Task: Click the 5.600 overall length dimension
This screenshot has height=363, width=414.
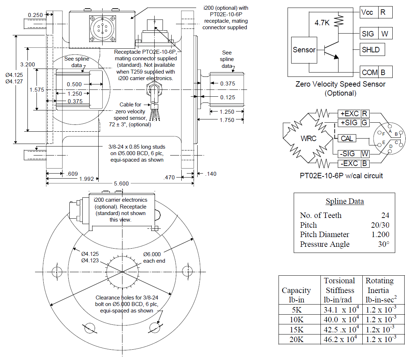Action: pos(121,183)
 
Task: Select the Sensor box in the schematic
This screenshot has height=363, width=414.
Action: pos(304,50)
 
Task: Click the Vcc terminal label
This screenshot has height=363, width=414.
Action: pos(369,12)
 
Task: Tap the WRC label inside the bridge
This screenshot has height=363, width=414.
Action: pos(309,138)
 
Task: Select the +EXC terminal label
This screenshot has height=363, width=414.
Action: pos(349,114)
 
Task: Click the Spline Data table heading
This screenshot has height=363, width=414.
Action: pos(345,201)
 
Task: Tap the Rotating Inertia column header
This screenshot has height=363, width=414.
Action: pos(380,285)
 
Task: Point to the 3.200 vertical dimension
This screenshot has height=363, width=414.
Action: pos(27,65)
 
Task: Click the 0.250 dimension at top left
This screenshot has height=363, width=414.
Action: pos(35,15)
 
